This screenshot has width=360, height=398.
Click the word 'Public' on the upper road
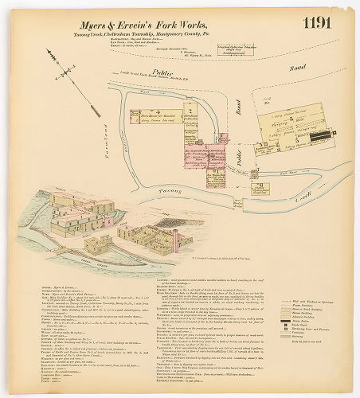162,72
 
